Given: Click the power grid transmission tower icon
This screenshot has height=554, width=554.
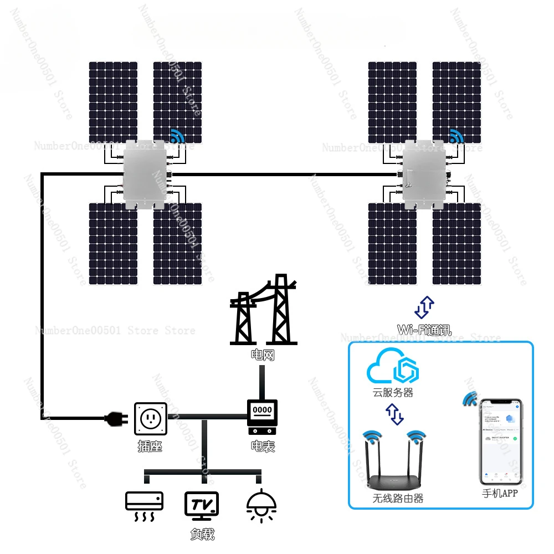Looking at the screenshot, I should coord(263,311).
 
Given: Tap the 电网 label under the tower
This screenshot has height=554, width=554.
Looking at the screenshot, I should coord(262,355).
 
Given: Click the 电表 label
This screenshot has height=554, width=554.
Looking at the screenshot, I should coord(263,446).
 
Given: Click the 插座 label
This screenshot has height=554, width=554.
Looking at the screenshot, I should coord(150,446).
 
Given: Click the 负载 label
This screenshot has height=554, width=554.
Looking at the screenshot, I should coord(202,535).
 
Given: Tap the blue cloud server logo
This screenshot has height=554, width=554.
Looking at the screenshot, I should coord(393,366).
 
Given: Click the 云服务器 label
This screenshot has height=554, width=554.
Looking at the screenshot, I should coord(393,393).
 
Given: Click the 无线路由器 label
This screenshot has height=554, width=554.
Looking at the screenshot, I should coord(398,499).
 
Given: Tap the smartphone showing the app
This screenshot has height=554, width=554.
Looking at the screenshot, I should coord(501,440).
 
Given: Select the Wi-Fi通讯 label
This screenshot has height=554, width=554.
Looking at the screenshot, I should coord(425,331).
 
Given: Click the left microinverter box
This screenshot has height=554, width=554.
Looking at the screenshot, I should coord(146,175).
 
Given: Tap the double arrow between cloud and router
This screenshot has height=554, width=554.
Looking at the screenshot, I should coord(394,414).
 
